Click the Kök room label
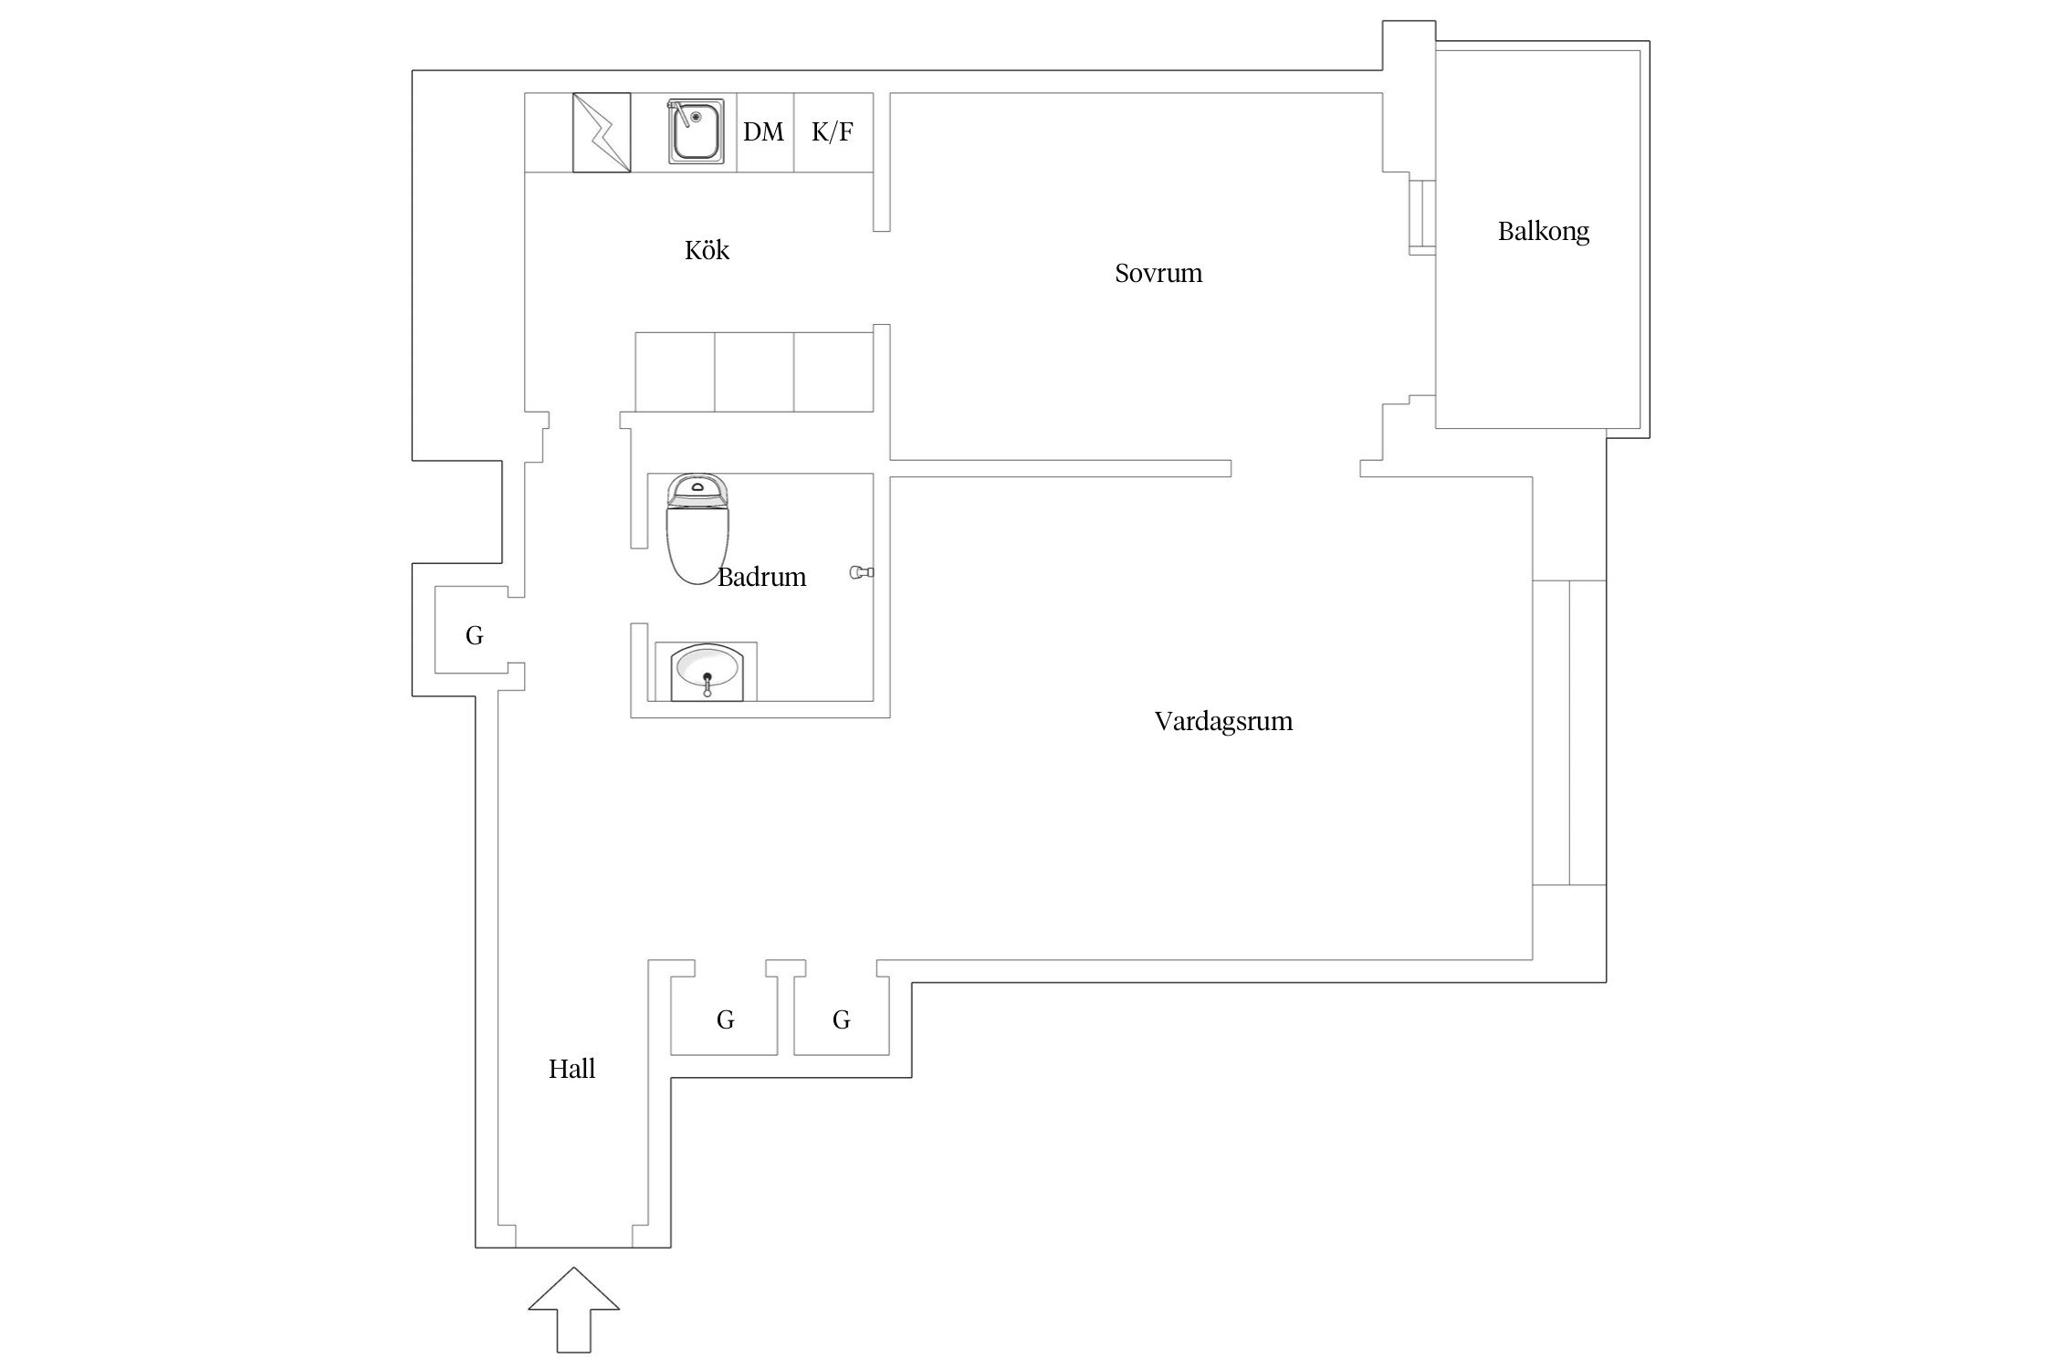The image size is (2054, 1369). (x=707, y=250)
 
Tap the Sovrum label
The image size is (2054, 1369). (x=1158, y=273)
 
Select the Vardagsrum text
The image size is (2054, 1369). (x=1222, y=721)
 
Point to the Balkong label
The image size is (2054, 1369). (x=1543, y=231)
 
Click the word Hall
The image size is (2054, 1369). (x=571, y=1069)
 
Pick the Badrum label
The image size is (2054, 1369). (x=761, y=577)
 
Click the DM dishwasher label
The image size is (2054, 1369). (x=763, y=132)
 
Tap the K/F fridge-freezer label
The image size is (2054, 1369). (x=832, y=132)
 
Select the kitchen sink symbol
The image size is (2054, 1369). (x=696, y=131)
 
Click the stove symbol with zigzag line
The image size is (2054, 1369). (x=601, y=132)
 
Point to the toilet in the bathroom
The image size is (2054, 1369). (x=698, y=529)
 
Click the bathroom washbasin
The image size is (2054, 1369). (x=707, y=672)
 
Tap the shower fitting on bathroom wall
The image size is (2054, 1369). (x=861, y=572)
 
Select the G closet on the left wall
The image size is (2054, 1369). (x=474, y=635)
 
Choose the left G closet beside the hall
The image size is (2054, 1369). (x=725, y=1019)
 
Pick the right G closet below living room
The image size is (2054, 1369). (x=841, y=1019)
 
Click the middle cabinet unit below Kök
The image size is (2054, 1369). (x=754, y=372)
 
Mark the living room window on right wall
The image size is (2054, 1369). (x=1568, y=732)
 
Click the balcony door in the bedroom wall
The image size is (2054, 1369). (x=1421, y=217)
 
